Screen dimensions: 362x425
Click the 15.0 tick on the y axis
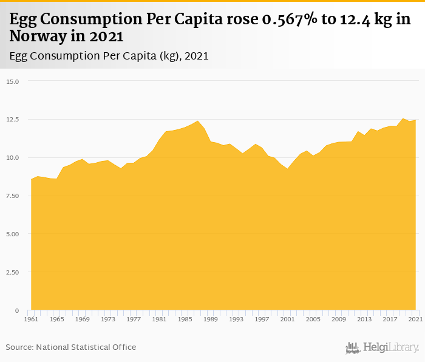click(13, 81)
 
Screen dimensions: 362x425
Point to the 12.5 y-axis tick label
click(13, 120)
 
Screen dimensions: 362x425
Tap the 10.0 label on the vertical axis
click(13, 158)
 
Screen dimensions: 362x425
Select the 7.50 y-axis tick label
click(13, 196)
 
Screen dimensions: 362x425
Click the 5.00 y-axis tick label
click(13, 234)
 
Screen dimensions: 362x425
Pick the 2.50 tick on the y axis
click(13, 273)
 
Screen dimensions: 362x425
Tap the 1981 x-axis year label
click(158, 319)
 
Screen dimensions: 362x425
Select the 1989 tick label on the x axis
click(210, 319)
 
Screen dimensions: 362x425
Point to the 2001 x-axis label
click(287, 319)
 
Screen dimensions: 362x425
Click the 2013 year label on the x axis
click(364, 319)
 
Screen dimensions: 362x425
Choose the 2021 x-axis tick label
click(415, 319)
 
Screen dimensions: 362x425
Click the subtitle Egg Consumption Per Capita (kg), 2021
click(109, 56)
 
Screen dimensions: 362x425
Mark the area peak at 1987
click(197, 121)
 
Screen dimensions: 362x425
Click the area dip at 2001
click(287, 168)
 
